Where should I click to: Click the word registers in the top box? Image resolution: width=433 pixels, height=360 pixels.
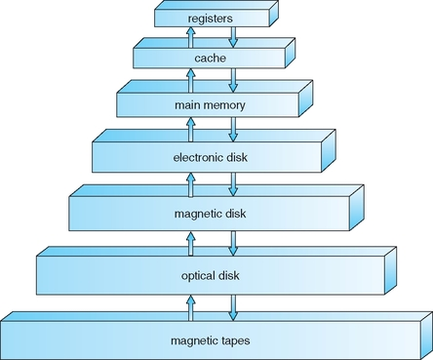coord(211,19)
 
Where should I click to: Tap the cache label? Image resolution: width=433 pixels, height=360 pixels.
coord(210,59)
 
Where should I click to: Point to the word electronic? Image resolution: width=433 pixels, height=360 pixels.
coord(196,158)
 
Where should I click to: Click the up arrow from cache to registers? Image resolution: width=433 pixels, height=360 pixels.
coord(191,38)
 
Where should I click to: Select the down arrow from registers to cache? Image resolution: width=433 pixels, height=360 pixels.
coord(233,37)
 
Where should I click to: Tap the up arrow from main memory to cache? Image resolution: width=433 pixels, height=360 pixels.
coord(191,80)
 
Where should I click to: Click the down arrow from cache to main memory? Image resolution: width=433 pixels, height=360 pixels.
coord(233,80)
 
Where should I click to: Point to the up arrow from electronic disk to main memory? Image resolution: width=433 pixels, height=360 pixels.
coord(191,130)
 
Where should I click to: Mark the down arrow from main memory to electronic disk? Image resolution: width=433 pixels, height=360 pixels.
coord(233,130)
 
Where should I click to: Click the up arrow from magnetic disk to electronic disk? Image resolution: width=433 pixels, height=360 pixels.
coord(191,184)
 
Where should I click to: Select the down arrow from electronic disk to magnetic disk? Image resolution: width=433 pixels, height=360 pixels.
coord(233,184)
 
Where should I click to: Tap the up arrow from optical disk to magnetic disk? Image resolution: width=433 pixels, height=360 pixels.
coord(191,243)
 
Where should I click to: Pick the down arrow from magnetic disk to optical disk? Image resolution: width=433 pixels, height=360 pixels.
coord(233,243)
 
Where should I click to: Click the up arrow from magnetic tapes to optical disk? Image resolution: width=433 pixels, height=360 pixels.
coord(191,308)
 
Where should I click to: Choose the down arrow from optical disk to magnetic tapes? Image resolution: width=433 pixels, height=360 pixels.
coord(233,308)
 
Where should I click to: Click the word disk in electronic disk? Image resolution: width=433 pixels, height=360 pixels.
coord(235,157)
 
